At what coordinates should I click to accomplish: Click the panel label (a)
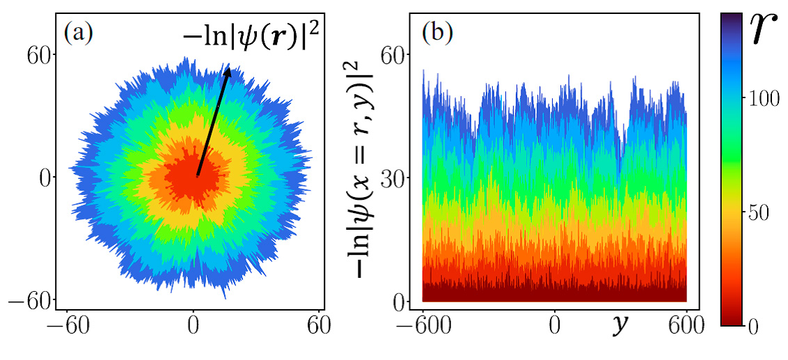point(79,33)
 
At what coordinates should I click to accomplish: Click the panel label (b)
point(437,33)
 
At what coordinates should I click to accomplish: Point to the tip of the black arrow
point(228,67)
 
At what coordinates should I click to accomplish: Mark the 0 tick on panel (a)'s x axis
point(194,326)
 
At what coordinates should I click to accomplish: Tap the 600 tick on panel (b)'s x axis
point(686,326)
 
